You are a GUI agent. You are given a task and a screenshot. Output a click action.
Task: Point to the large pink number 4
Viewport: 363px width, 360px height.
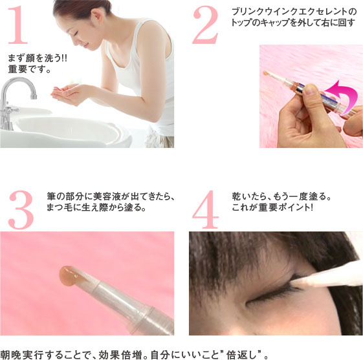click(x=206, y=210)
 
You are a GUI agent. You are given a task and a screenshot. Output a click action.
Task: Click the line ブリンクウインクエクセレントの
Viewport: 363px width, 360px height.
click(x=294, y=12)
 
